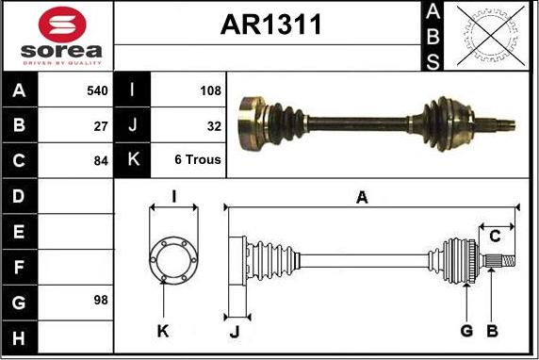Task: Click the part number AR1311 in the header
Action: click(270, 25)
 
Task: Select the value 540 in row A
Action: click(96, 91)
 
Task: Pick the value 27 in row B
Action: click(101, 125)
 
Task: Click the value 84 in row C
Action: click(101, 160)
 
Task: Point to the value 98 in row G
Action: click(101, 301)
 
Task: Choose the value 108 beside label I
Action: click(210, 91)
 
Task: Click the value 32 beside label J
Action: click(214, 125)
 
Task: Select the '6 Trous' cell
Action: click(198, 160)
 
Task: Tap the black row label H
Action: click(19, 336)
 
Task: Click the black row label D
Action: click(19, 196)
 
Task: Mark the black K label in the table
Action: click(132, 160)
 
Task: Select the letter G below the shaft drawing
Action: click(466, 330)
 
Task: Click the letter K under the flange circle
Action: click(163, 331)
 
